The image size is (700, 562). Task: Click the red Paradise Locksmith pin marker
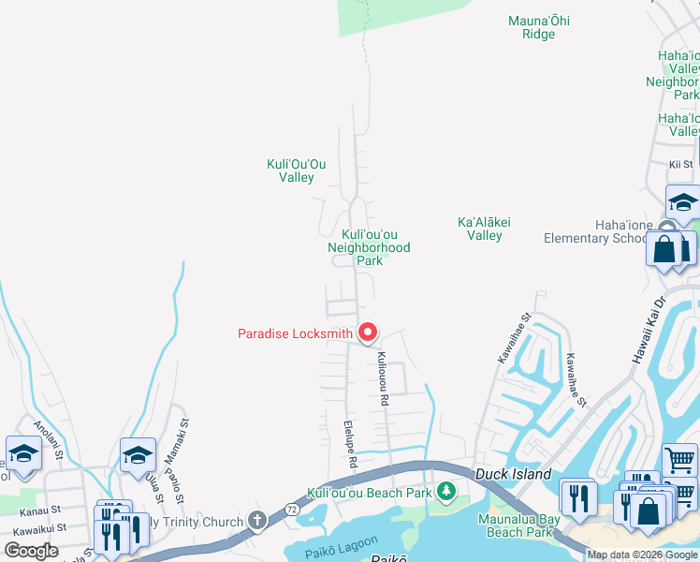(x=368, y=333)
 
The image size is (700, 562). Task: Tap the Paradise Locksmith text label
(x=295, y=333)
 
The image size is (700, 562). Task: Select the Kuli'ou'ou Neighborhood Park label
(x=369, y=247)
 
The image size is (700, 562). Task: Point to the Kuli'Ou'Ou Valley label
(x=290, y=170)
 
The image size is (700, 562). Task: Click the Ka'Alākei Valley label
(x=484, y=229)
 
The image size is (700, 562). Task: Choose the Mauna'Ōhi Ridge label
(x=538, y=27)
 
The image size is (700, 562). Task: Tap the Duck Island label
(x=512, y=475)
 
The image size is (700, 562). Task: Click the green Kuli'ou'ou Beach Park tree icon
(x=447, y=491)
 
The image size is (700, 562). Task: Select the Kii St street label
(x=680, y=164)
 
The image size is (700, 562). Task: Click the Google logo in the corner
(x=31, y=551)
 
